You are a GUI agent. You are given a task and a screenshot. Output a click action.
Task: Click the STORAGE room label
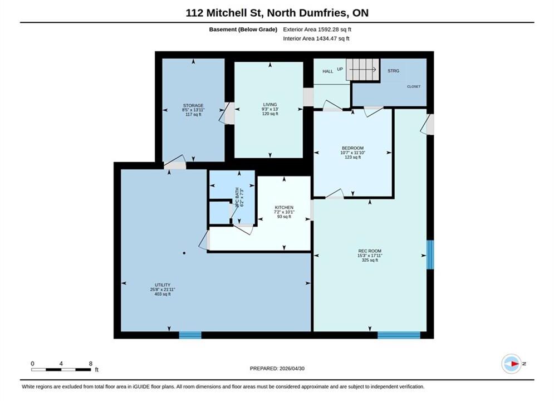(193, 105)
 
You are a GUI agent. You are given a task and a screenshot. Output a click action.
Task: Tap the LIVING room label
(270, 105)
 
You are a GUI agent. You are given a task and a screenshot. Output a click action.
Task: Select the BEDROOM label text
(352, 148)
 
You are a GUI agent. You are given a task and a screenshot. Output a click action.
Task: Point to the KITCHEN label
(284, 207)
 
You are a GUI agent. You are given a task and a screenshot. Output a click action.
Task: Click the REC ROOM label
(370, 251)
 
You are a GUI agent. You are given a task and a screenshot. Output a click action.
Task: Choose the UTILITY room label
(163, 285)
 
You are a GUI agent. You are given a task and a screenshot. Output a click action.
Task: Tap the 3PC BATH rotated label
(237, 197)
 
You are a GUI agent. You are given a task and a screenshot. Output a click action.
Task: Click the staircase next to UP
(362, 70)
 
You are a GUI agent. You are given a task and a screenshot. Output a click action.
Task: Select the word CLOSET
(414, 86)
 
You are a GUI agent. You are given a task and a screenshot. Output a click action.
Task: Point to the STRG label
(393, 71)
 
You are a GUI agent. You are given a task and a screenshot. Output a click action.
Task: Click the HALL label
(328, 71)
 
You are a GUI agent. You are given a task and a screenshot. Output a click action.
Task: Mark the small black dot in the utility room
(184, 253)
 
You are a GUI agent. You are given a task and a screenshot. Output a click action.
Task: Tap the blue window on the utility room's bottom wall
(190, 335)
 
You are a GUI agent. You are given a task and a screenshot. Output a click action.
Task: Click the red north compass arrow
(515, 364)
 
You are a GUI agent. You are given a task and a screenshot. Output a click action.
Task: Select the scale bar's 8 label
(91, 364)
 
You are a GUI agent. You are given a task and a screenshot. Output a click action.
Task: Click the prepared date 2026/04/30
(292, 369)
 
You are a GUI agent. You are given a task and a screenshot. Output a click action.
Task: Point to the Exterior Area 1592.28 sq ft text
(317, 30)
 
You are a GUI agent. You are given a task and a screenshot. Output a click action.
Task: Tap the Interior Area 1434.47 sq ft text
(316, 38)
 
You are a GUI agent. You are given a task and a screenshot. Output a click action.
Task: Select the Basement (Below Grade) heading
(243, 30)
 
